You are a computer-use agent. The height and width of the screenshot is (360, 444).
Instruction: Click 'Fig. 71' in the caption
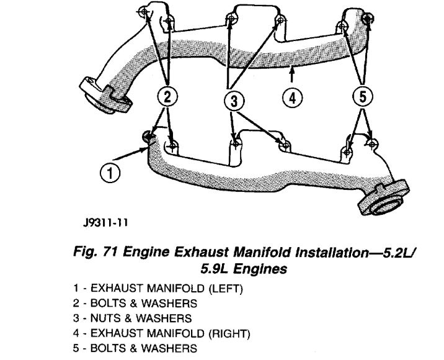93,253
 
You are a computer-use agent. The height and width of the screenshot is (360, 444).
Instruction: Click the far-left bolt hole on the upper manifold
143,12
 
